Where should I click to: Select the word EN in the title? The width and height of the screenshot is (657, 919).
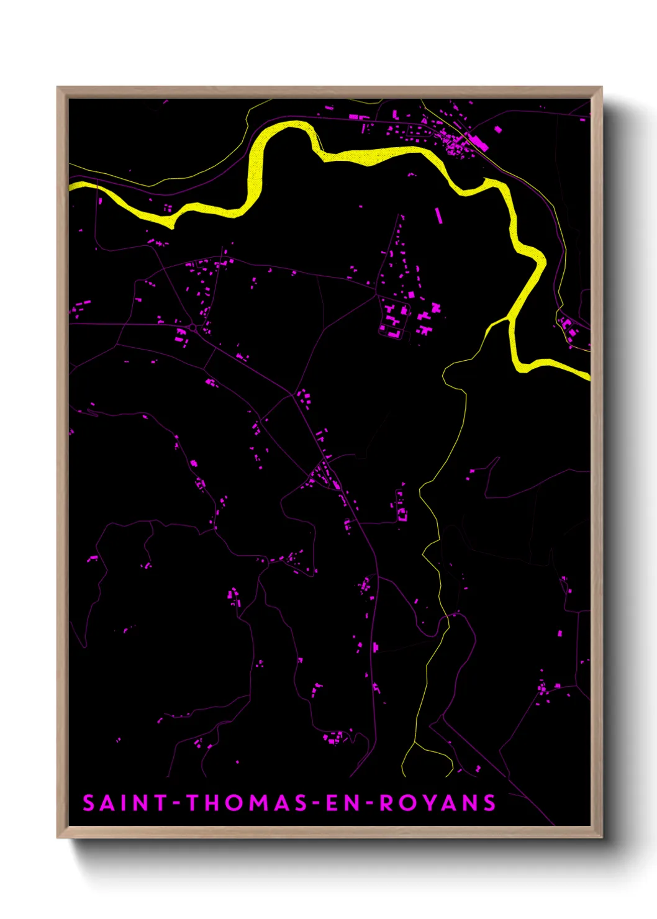340,803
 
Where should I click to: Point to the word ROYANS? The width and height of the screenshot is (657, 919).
438,803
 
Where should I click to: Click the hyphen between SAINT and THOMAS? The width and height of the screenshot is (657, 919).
177,804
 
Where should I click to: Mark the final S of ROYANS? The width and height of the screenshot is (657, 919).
490,803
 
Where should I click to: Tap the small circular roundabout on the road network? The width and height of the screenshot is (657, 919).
193,327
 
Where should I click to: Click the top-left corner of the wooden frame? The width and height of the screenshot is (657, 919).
58,88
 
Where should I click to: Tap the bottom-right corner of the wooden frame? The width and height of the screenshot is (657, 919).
601,837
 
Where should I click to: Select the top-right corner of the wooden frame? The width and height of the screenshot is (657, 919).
601,88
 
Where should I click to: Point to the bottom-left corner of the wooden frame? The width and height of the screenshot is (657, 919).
58,837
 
